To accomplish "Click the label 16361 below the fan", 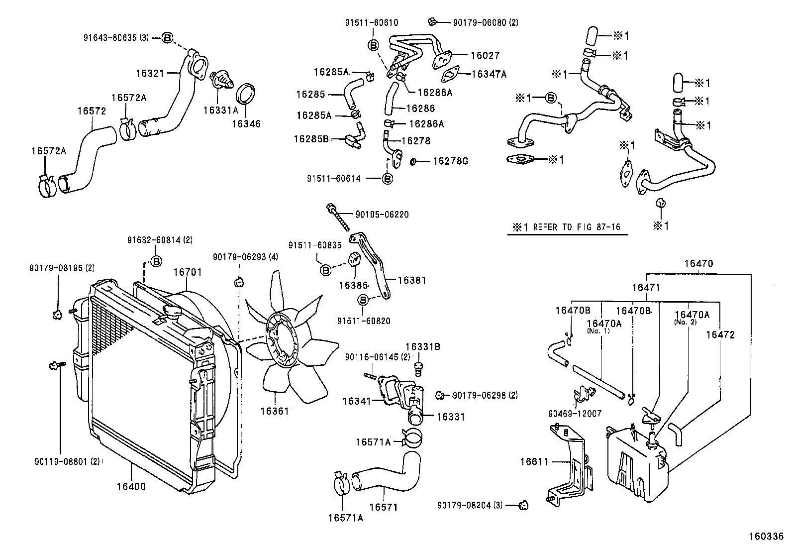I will tap(274, 411).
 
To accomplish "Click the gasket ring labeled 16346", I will tap(245, 95).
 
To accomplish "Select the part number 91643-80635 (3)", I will tap(121, 37).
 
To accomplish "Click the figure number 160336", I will tap(766, 537).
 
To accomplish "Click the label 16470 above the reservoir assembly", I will tap(697, 264).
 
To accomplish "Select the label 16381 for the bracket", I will tap(411, 280).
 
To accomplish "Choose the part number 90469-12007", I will tap(575, 414).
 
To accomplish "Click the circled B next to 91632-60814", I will tap(156, 261).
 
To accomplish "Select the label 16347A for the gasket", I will tap(489, 74).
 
